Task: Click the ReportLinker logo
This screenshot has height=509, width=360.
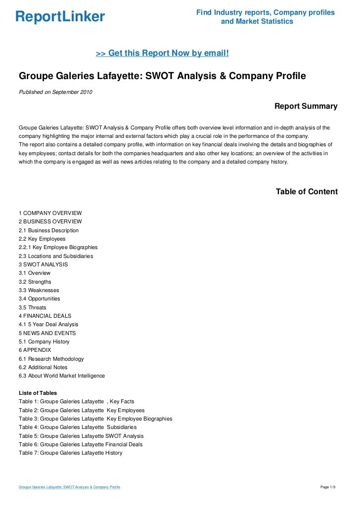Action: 60,17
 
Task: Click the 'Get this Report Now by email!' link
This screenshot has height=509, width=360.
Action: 162,53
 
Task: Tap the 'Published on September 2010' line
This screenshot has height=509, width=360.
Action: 55,92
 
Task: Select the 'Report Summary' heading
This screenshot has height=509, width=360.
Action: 306,106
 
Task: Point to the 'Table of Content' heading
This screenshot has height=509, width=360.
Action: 307,192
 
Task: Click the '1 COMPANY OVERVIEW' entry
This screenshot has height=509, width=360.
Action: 50,213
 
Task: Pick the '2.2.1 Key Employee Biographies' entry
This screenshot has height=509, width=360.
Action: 58,247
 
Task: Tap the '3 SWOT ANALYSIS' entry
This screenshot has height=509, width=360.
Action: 44,264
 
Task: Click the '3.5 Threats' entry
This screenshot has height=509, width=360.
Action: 33,307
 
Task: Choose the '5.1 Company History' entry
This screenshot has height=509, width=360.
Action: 44,341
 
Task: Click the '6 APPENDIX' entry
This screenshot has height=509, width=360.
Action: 35,350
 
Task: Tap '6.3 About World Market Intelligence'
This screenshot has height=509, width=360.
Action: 62,376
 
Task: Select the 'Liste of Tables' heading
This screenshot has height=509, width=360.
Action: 38,393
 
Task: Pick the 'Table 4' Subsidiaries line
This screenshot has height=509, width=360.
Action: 78,427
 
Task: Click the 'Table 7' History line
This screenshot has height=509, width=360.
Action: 70,453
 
